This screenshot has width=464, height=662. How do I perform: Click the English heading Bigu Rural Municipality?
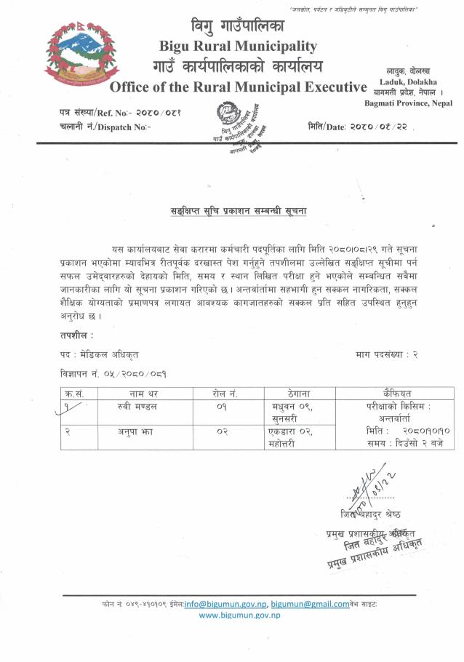pyautogui.click(x=238, y=47)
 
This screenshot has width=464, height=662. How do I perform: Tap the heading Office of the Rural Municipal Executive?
pyautogui.click(x=238, y=88)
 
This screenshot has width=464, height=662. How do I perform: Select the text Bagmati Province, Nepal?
pyautogui.click(x=408, y=103)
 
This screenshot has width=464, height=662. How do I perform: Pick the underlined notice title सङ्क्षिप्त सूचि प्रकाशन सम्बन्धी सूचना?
pyautogui.click(x=233, y=211)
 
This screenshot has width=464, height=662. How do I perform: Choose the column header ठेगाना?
pyautogui.click(x=287, y=394)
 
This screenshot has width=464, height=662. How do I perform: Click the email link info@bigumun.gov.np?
pyautogui.click(x=226, y=604)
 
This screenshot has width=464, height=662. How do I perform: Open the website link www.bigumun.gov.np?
pyautogui.click(x=239, y=615)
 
